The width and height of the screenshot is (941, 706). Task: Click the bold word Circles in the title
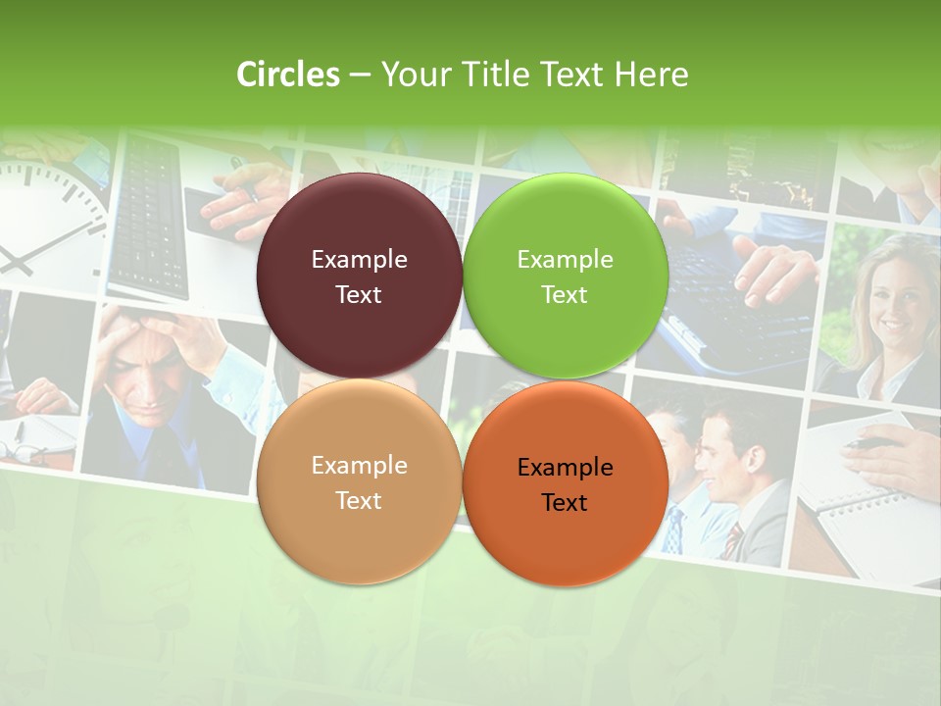coord(288,75)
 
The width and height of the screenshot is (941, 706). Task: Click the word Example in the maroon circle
coord(359,260)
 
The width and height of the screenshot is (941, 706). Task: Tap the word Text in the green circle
coord(565,295)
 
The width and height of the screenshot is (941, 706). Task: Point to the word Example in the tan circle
coord(359,466)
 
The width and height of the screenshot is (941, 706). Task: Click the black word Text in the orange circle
coord(565,503)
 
